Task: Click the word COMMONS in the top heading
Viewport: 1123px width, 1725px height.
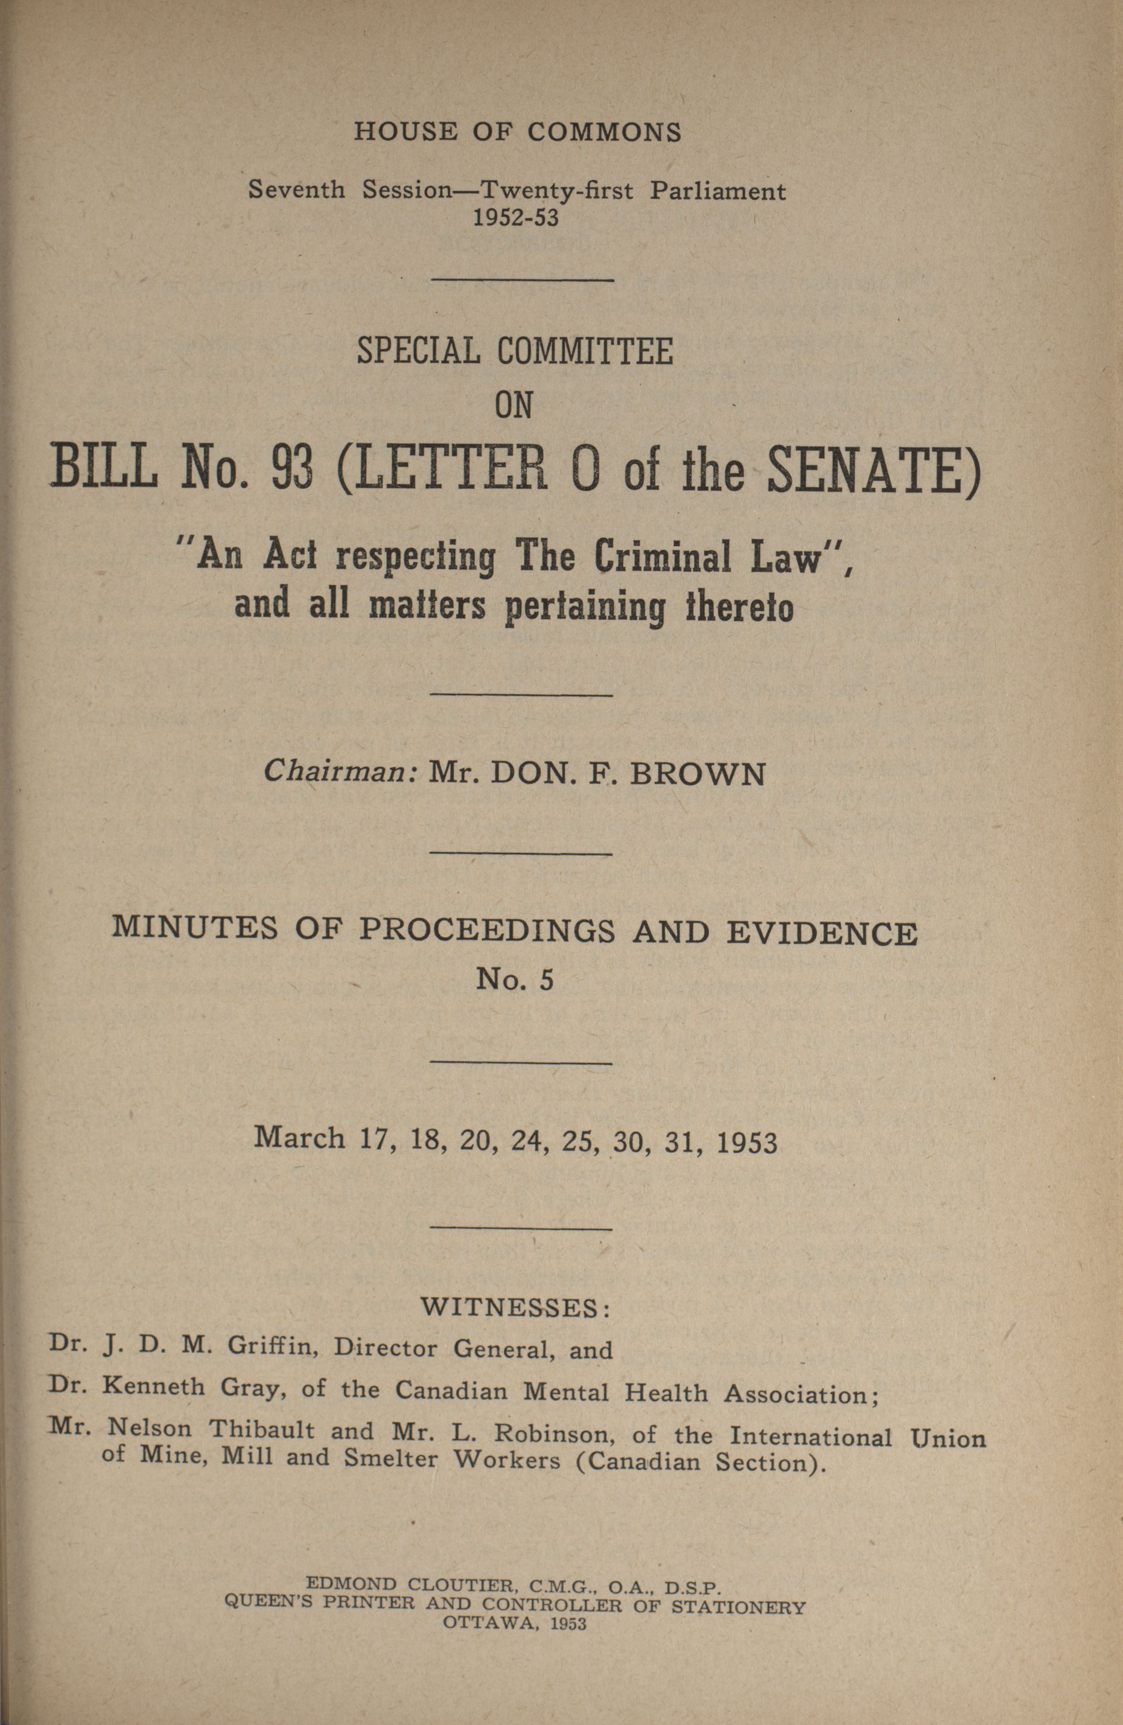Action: (604, 132)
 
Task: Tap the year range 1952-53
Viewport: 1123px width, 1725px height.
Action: (517, 217)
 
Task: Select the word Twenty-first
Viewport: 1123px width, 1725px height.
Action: (556, 191)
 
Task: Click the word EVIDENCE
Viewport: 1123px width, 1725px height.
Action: (822, 934)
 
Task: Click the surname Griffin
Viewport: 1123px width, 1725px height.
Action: (270, 1347)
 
